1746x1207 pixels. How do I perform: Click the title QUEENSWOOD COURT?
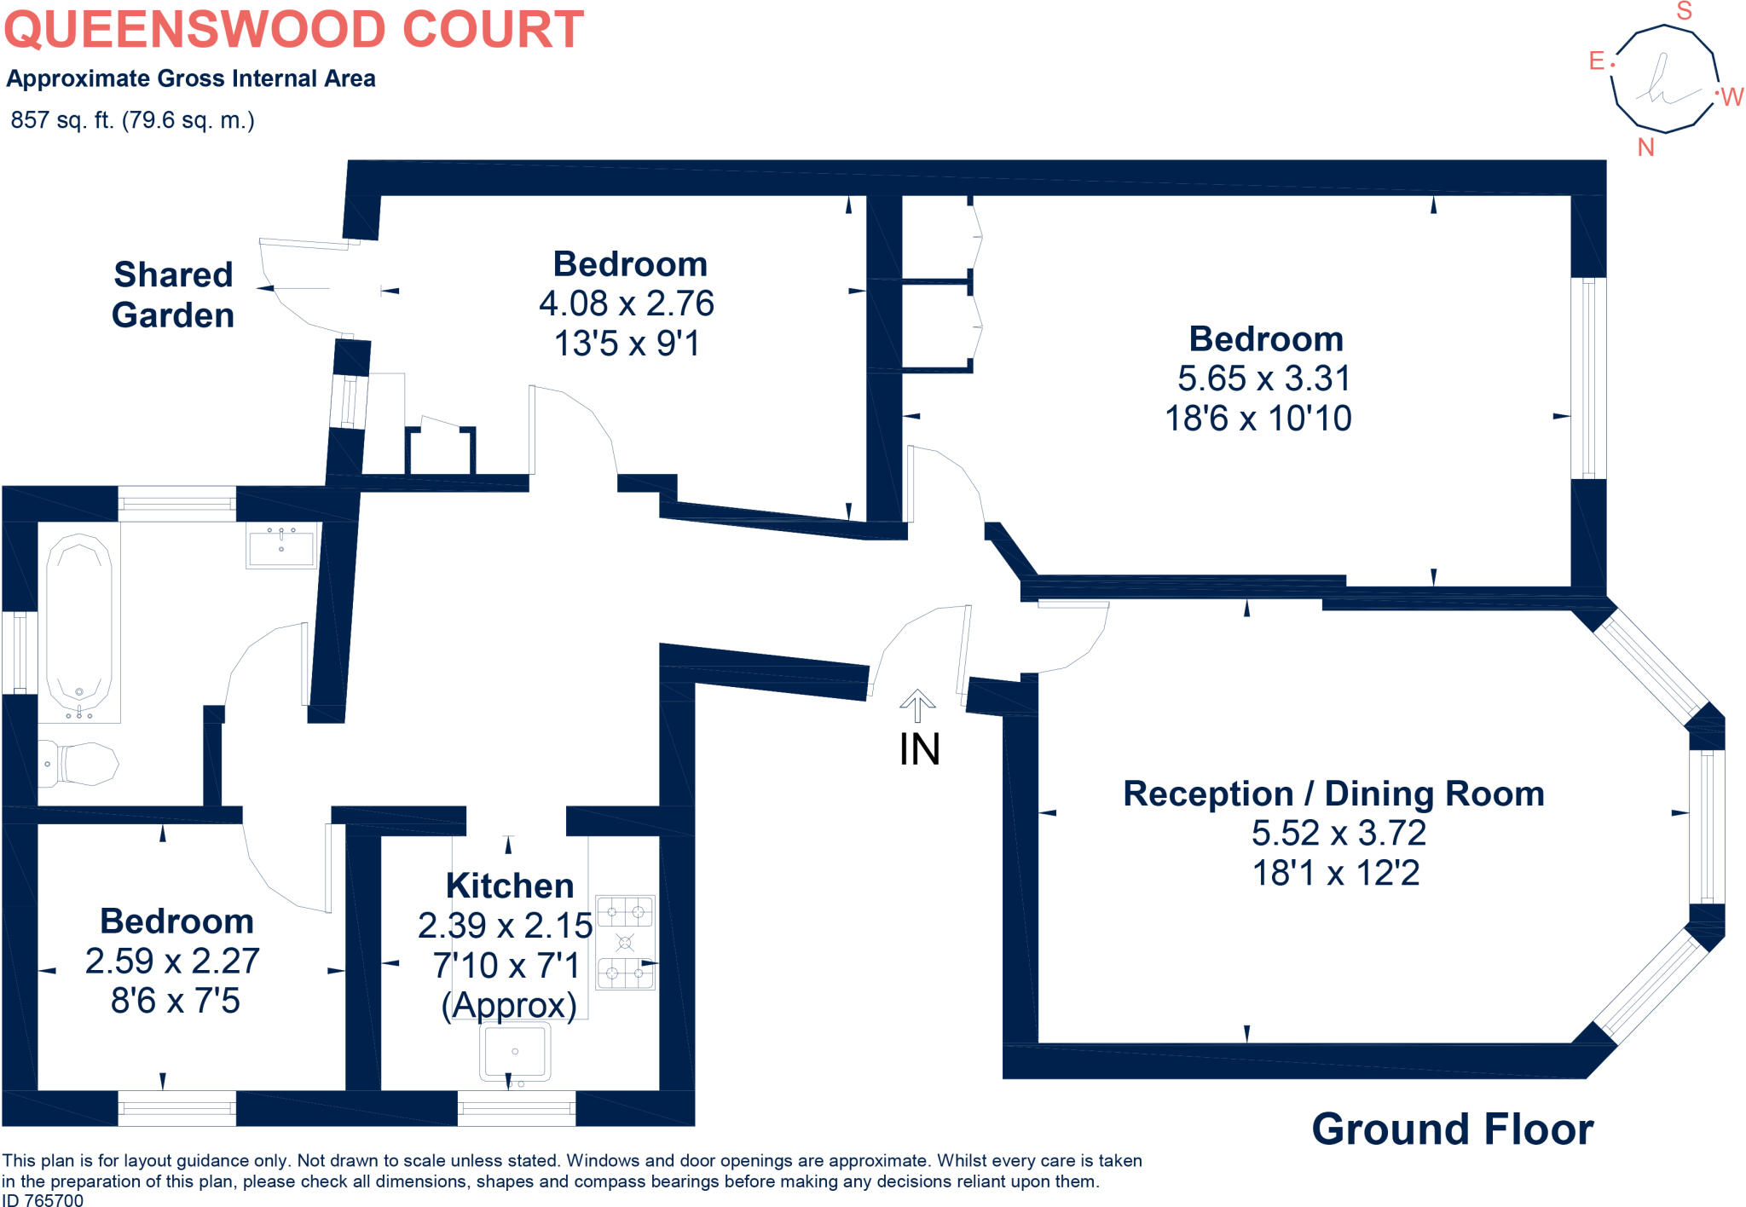[x=294, y=29]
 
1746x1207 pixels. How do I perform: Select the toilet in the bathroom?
[x=78, y=763]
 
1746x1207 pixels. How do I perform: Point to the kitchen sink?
[x=515, y=1052]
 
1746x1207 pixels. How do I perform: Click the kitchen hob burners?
[x=625, y=942]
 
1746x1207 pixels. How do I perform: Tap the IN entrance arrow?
[x=917, y=706]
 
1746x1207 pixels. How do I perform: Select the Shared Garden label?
[x=173, y=295]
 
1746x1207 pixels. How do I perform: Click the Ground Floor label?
[x=1452, y=1129]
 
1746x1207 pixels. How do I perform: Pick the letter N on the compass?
[x=1645, y=147]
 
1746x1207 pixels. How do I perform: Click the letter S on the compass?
[x=1684, y=11]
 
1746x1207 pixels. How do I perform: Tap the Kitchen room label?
[x=510, y=886]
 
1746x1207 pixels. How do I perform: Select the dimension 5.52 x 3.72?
[x=1338, y=833]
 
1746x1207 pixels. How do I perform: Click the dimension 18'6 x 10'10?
[x=1258, y=419]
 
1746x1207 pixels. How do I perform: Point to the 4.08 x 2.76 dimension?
[x=627, y=303]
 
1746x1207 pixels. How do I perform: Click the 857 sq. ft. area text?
[x=132, y=120]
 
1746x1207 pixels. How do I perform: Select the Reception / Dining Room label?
[x=1333, y=794]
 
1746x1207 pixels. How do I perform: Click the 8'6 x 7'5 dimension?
[x=176, y=1001]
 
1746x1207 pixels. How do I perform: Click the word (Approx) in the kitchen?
[x=509, y=1005]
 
